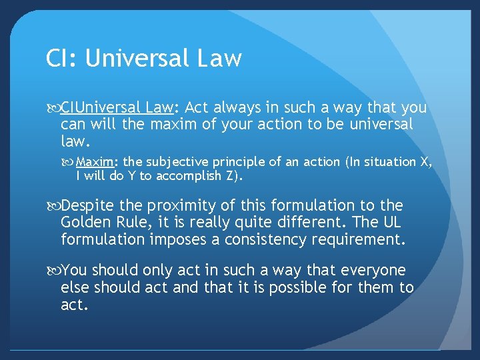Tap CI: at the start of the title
pyautogui.click(x=61, y=59)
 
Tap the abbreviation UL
pyautogui.click(x=391, y=223)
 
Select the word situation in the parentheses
pyautogui.click(x=387, y=162)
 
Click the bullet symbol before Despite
pyautogui.click(x=53, y=206)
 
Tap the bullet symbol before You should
pyautogui.click(x=53, y=271)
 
